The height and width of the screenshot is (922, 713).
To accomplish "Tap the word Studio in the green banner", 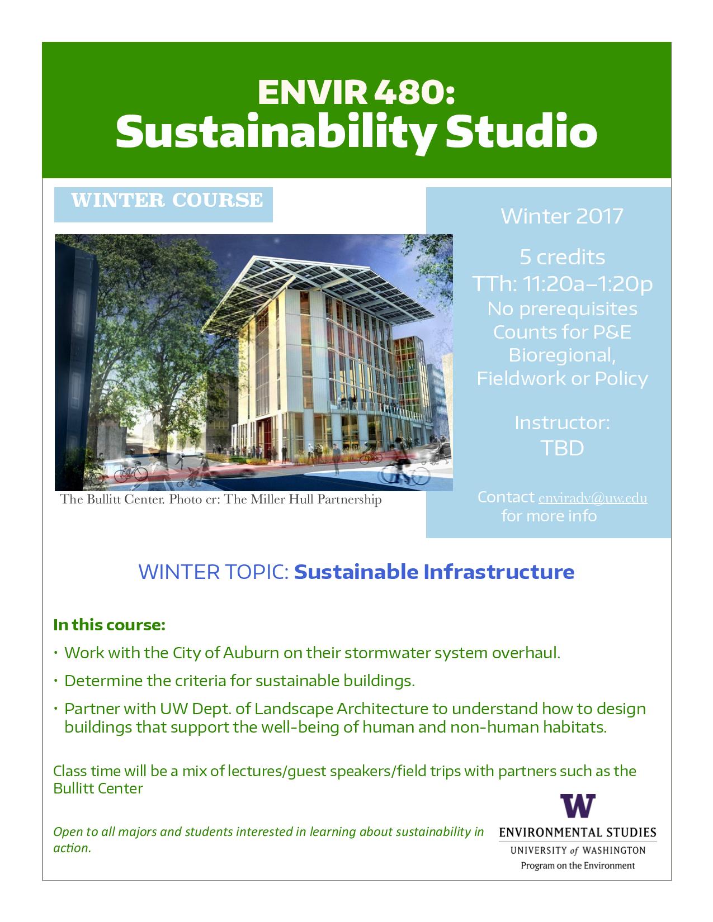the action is pyautogui.click(x=521, y=131).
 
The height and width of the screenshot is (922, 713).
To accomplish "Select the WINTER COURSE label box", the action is pyautogui.click(x=163, y=205).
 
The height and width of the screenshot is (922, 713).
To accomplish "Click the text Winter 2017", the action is pyautogui.click(x=561, y=216).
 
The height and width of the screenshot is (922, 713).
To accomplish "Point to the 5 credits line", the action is pyautogui.click(x=562, y=256).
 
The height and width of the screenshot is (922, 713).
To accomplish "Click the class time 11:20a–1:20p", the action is pyautogui.click(x=587, y=283).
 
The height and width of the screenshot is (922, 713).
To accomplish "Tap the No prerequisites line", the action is pyautogui.click(x=562, y=309).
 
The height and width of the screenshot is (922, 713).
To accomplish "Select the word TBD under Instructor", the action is pyautogui.click(x=562, y=448).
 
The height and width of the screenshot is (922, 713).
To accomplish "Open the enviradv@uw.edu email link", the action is pyautogui.click(x=593, y=497).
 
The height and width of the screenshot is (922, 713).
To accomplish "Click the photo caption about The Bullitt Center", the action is pyautogui.click(x=220, y=499).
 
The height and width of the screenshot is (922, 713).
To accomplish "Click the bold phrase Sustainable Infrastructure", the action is pyautogui.click(x=434, y=572).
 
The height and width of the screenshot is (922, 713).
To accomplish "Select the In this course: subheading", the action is pyautogui.click(x=109, y=625).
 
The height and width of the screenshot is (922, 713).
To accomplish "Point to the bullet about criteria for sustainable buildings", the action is pyautogui.click(x=239, y=681).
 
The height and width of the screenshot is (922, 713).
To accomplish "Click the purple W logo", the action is pyautogui.click(x=578, y=806).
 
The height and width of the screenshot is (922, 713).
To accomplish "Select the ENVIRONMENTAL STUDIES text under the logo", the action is pyautogui.click(x=578, y=832).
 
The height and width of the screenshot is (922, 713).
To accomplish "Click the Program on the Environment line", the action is pyautogui.click(x=578, y=866).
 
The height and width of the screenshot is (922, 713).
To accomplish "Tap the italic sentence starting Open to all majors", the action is pyautogui.click(x=268, y=840).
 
